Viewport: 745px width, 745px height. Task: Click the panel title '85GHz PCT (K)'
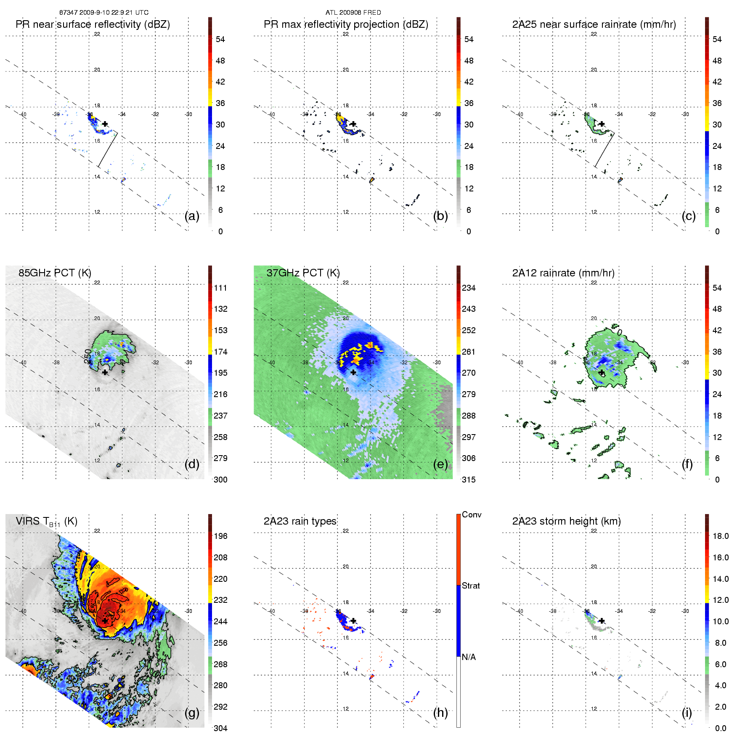[55, 273]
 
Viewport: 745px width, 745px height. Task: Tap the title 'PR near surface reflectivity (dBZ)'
[93, 24]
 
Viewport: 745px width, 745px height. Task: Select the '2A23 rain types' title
[300, 521]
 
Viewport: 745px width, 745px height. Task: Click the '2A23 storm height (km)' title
[566, 521]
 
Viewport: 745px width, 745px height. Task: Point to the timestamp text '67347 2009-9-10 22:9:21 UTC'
[103, 13]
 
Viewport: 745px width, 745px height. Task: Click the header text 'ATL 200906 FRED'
[353, 13]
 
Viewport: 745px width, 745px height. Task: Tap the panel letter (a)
[192, 216]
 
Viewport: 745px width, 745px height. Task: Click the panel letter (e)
[440, 464]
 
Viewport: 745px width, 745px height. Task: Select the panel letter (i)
[687, 713]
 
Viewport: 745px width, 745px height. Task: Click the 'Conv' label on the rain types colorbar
[472, 514]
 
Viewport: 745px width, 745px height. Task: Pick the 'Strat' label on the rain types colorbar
[471, 586]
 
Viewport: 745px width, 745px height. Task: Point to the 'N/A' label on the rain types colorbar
[469, 657]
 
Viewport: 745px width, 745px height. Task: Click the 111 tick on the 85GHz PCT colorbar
[220, 288]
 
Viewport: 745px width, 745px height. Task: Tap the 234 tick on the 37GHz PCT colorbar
[469, 288]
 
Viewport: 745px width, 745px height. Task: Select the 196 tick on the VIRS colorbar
[220, 536]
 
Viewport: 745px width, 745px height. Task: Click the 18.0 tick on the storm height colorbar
[720, 536]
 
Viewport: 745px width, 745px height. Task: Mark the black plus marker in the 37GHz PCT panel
[353, 372]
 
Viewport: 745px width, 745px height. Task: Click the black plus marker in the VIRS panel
[105, 620]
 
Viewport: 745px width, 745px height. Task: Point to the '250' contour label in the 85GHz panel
[87, 356]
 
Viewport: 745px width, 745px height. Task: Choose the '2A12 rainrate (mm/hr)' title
[563, 273]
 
